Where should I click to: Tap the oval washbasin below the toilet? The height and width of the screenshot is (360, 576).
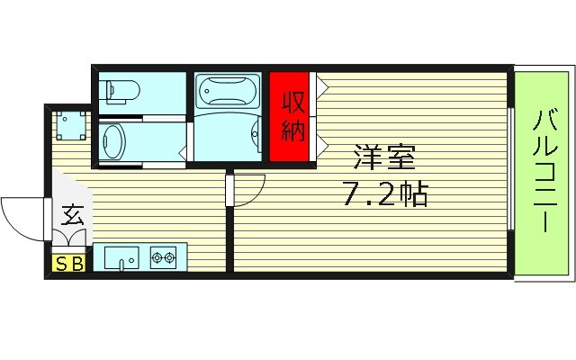[x=112, y=140]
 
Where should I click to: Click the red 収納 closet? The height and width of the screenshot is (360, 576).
[x=292, y=116]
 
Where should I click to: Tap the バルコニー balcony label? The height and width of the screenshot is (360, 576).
[x=543, y=172]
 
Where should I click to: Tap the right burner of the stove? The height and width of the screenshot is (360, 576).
[x=170, y=258]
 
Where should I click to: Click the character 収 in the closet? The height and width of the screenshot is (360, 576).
[x=292, y=101]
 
